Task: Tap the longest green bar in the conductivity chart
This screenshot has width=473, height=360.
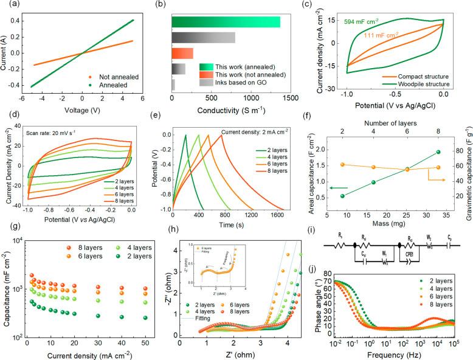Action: [226, 22]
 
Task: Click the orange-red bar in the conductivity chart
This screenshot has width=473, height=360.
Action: [182, 53]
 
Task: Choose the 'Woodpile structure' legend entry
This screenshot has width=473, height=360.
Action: [429, 83]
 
